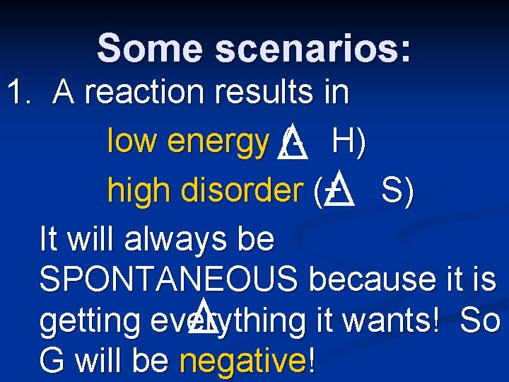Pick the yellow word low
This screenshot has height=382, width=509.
(132, 142)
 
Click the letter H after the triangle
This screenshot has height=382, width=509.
(344, 142)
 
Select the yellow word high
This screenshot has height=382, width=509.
(138, 190)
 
